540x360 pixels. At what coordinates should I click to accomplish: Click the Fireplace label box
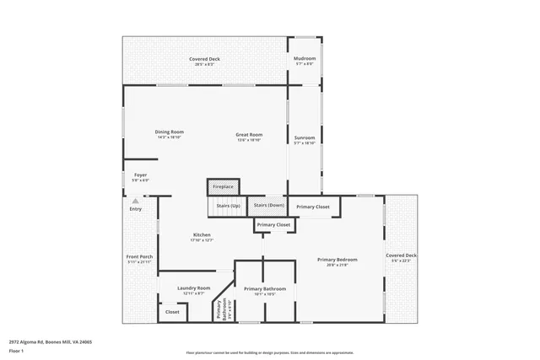(223, 186)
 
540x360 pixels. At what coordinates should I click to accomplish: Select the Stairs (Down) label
(269, 206)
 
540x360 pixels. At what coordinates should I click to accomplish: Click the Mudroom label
(304, 59)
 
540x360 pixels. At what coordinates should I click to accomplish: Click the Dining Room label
(169, 132)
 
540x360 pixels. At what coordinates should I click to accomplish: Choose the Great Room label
(249, 135)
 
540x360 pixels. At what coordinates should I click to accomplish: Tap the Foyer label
(140, 175)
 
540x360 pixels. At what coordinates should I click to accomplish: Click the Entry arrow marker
(135, 201)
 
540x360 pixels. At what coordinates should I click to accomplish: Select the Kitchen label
(202, 235)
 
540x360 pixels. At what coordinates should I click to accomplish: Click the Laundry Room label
(194, 288)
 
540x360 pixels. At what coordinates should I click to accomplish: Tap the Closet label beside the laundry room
(172, 312)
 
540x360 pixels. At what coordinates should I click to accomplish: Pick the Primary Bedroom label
(337, 260)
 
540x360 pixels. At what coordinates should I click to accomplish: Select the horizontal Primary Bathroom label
(265, 289)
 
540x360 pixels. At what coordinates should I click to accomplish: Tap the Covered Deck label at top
(204, 59)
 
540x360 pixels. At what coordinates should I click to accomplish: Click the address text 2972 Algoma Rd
(51, 342)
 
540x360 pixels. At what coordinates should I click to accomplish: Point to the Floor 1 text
(17, 350)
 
